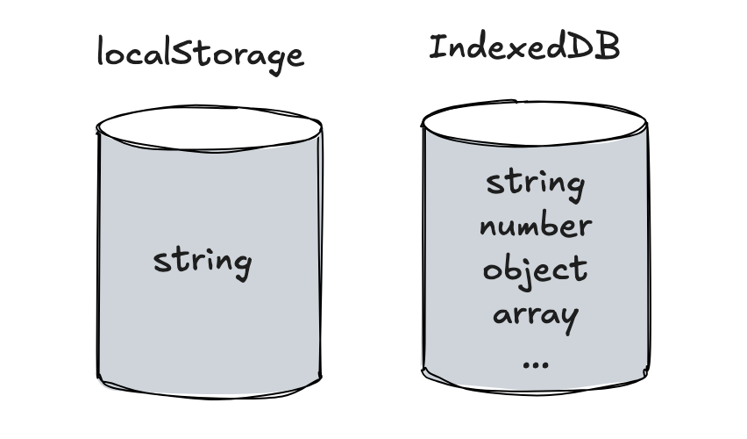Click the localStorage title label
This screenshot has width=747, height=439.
(200, 54)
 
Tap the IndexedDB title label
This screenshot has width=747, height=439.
(524, 47)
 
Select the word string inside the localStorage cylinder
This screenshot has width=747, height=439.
(203, 262)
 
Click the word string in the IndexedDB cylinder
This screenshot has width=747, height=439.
(535, 186)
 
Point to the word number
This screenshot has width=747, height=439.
(536, 227)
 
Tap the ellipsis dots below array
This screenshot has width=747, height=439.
(536, 365)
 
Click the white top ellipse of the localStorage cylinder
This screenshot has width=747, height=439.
(209, 128)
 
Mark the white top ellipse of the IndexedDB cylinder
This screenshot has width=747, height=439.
(534, 123)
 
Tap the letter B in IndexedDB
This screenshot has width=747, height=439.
(608, 47)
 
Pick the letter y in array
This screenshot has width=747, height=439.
(570, 320)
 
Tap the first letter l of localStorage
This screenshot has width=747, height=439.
(101, 50)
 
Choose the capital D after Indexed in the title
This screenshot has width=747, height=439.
(582, 47)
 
